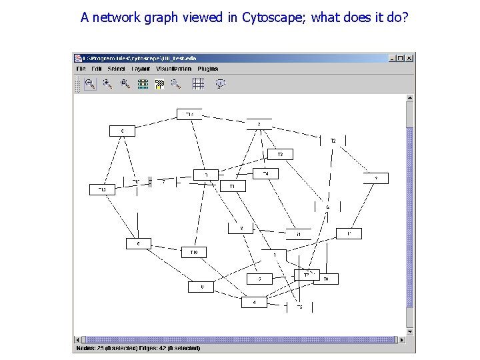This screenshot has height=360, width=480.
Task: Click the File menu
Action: [x=81, y=69]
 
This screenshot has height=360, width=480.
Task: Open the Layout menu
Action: [x=141, y=69]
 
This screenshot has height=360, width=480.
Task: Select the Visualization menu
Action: [x=173, y=69]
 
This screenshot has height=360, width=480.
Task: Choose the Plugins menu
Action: [x=207, y=69]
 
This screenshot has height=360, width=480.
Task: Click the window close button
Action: [x=409, y=58]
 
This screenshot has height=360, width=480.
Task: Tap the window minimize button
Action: [x=391, y=58]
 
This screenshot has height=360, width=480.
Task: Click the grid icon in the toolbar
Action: [x=197, y=83]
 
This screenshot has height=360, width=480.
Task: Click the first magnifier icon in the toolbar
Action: [x=90, y=83]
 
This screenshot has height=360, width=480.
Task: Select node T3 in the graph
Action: [x=281, y=155]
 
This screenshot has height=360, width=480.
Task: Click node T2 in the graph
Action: [x=333, y=141]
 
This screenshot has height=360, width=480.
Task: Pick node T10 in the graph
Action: [x=194, y=252]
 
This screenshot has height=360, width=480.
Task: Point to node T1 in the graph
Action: [x=232, y=186]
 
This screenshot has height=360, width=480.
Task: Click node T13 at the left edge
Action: [x=102, y=190]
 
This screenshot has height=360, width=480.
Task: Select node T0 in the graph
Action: [x=326, y=279]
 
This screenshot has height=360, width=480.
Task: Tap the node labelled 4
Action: [x=254, y=302]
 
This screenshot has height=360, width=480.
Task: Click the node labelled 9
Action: [x=375, y=179]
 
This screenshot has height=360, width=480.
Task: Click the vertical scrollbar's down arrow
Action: [x=410, y=331]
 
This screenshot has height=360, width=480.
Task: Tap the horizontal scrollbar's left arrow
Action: [x=77, y=339]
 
